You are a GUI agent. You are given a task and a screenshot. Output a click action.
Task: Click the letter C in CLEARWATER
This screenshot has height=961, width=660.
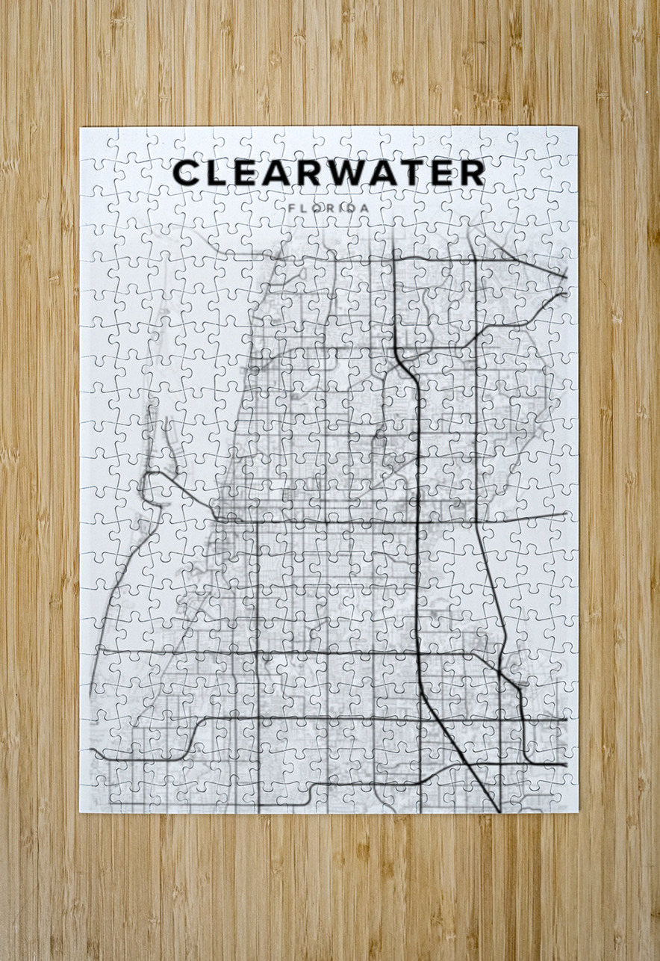click(x=187, y=173)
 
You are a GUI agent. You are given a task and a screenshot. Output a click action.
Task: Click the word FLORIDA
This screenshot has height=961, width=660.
click(x=328, y=207)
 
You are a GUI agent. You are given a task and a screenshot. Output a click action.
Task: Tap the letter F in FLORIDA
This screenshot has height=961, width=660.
click(x=290, y=207)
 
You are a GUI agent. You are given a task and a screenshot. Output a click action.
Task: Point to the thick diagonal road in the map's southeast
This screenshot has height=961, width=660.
click(x=455, y=740)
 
